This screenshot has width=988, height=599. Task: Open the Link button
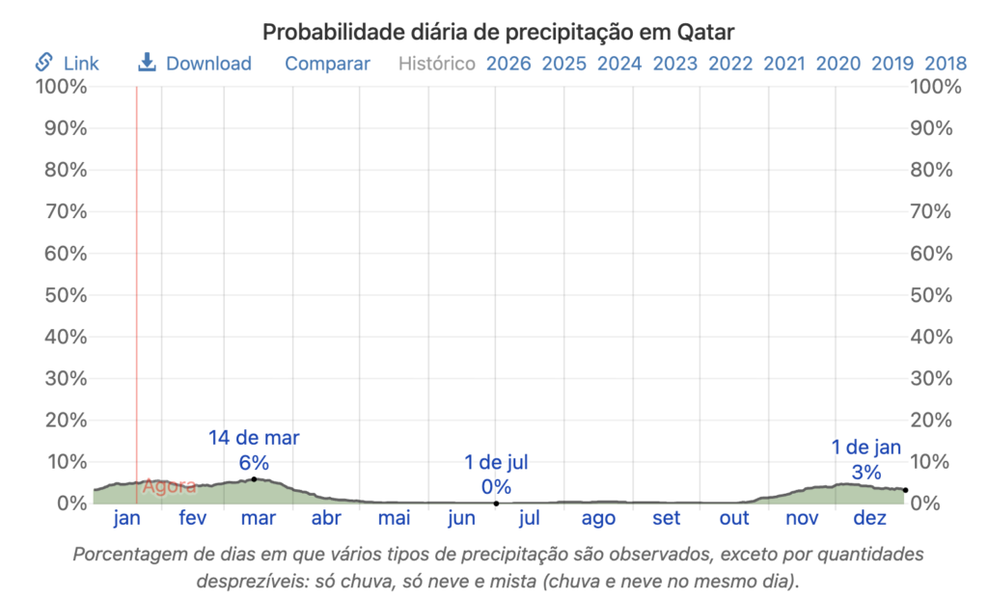click(x=68, y=64)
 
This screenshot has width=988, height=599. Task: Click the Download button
click(x=195, y=64)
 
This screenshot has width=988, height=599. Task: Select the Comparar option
click(x=327, y=64)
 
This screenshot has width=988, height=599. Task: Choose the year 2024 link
click(x=619, y=64)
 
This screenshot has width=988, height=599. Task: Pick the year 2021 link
click(x=784, y=64)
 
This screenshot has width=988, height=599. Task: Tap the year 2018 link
click(x=947, y=64)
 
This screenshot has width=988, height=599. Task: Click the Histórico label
click(x=437, y=64)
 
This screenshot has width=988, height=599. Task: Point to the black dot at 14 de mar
click(x=254, y=479)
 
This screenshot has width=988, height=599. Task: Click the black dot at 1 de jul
click(x=496, y=503)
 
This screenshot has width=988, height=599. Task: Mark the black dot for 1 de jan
click(x=905, y=490)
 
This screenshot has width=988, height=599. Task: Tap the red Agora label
click(x=169, y=486)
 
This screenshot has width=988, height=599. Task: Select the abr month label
click(x=326, y=519)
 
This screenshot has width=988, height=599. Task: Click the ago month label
click(x=598, y=519)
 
